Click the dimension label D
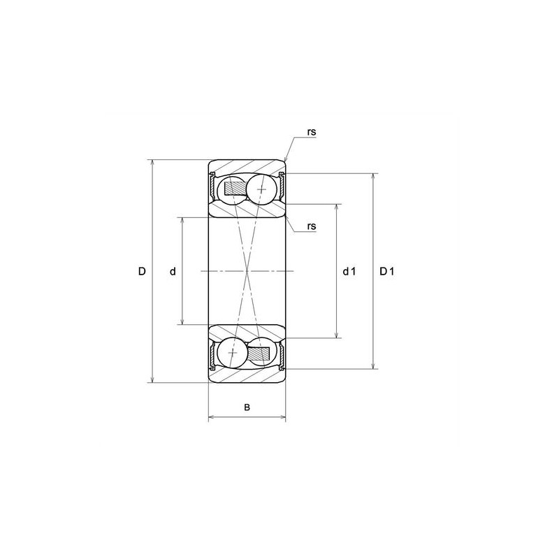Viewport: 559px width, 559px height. pyautogui.click(x=141, y=271)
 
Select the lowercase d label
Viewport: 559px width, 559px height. pyautogui.click(x=173, y=271)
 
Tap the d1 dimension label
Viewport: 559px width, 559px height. pyautogui.click(x=349, y=271)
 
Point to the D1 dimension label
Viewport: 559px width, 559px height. pyautogui.click(x=387, y=271)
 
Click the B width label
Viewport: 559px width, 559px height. pyautogui.click(x=247, y=407)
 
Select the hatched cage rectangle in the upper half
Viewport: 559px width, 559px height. pyautogui.click(x=234, y=188)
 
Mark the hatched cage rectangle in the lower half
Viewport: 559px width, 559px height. pyautogui.click(x=261, y=354)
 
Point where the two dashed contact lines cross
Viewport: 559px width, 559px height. pyautogui.click(x=247, y=271)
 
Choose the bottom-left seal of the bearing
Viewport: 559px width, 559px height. pyautogui.click(x=212, y=354)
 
